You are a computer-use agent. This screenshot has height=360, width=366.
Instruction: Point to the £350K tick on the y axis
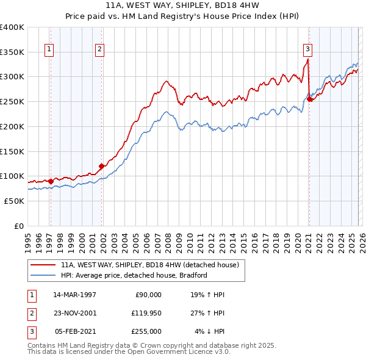[12, 52]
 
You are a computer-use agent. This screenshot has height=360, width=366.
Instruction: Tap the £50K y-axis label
[14, 201]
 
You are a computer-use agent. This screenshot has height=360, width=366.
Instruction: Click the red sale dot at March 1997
[51, 181]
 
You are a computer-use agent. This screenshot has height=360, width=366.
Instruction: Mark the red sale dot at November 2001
[101, 166]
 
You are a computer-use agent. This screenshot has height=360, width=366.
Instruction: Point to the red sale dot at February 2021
[309, 99]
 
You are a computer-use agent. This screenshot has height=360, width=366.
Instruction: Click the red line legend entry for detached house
[153, 265]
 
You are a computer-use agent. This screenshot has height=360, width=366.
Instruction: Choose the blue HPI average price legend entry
[134, 275]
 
